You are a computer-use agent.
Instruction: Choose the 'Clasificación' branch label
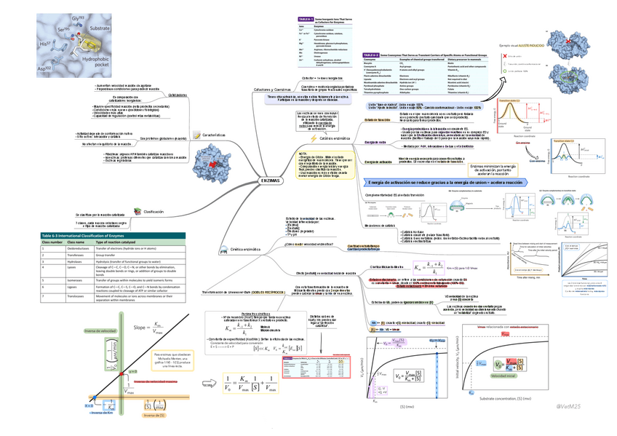pyautogui.click(x=154, y=211)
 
